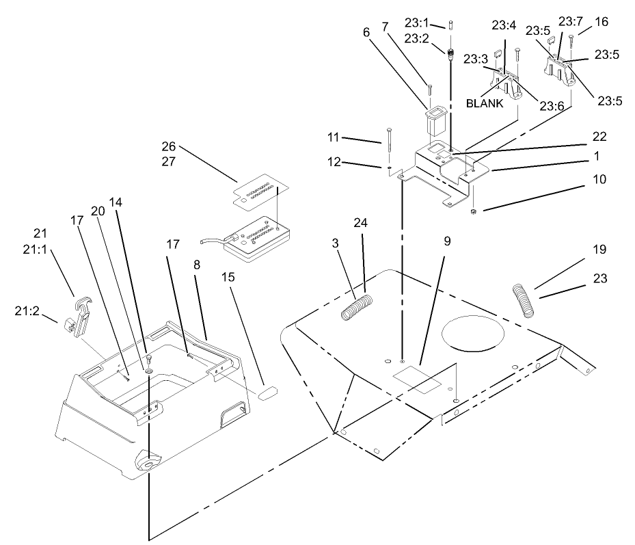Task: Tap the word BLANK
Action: [485, 104]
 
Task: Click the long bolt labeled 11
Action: [389, 148]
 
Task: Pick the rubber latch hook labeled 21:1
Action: [81, 313]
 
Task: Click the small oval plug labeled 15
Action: [267, 393]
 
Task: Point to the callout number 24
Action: [360, 223]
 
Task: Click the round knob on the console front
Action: [147, 463]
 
